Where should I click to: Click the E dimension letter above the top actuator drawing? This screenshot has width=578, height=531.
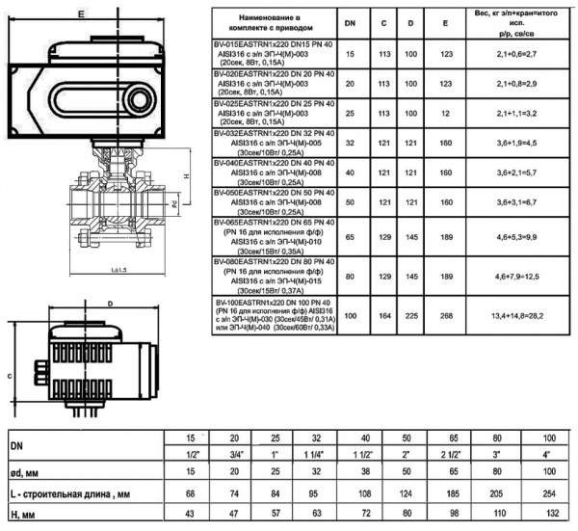(84, 13)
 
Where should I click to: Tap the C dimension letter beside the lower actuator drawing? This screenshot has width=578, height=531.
(10, 376)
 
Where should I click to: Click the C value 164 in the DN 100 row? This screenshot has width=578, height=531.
(383, 315)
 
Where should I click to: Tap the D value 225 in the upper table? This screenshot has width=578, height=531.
(412, 315)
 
